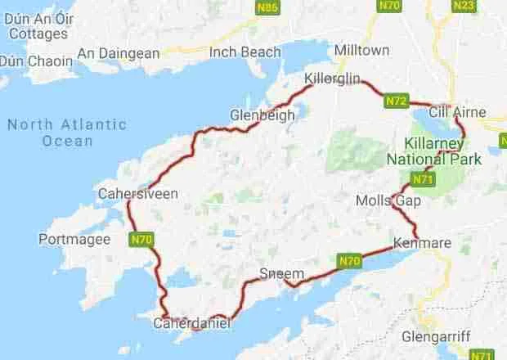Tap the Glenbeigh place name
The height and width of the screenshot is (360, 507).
point(262,115)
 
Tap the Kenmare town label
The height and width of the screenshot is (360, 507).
point(421,243)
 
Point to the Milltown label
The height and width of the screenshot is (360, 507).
point(361,51)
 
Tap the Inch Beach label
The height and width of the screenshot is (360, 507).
point(245,52)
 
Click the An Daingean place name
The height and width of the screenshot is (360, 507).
point(118,54)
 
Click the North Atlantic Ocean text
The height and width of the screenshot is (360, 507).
point(66,133)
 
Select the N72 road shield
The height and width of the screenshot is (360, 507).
point(397,101)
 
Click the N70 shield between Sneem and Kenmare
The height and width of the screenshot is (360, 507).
point(349,261)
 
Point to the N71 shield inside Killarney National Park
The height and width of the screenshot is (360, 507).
point(423,179)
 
